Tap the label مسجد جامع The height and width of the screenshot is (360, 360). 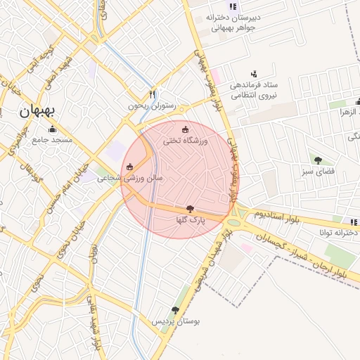(52, 140)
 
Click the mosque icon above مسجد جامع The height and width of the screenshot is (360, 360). (52, 129)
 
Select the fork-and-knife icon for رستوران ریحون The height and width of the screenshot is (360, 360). (153, 94)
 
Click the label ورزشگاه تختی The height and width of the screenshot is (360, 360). (186, 141)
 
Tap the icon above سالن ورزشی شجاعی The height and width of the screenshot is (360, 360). (129, 167)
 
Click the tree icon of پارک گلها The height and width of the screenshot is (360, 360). (190, 209)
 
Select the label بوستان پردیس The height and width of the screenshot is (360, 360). (176, 321)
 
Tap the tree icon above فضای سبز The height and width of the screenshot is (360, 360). (319, 160)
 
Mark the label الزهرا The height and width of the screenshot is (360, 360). (349, 112)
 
